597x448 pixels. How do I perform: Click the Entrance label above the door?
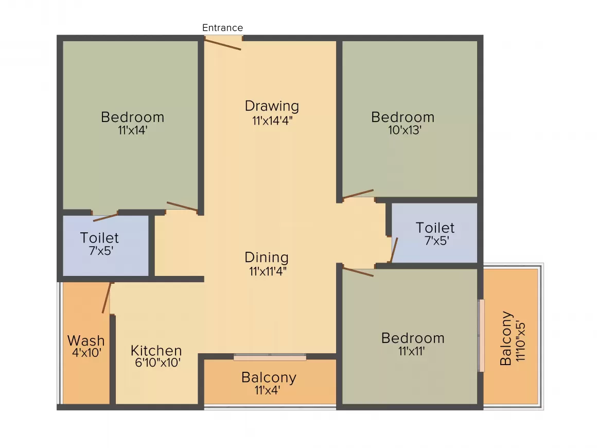pyautogui.click(x=222, y=28)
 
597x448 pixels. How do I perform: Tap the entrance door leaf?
pyautogui.click(x=223, y=44)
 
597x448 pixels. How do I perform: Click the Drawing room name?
pyautogui.click(x=272, y=106)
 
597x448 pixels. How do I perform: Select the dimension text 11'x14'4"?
pyautogui.click(x=272, y=121)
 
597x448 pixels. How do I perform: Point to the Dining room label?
pyautogui.click(x=267, y=257)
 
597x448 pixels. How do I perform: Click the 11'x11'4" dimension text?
pyautogui.click(x=268, y=271)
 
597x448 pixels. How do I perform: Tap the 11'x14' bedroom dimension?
pyautogui.click(x=132, y=130)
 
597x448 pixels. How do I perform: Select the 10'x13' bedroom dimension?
pyautogui.click(x=405, y=130)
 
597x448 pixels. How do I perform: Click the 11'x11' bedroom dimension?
pyautogui.click(x=412, y=351)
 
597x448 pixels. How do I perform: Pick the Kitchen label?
pyautogui.click(x=156, y=350)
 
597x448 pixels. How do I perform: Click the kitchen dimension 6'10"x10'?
pyautogui.click(x=157, y=363)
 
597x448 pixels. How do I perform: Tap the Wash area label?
pyautogui.click(x=86, y=340)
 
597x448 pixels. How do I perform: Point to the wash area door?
pyautogui.click(x=107, y=298)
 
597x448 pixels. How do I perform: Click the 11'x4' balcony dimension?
pyautogui.click(x=267, y=390)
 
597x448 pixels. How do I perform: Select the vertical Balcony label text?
pyautogui.click(x=505, y=338)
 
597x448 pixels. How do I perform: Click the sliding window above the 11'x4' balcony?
pyautogui.click(x=270, y=357)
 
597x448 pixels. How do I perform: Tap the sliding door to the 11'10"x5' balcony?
pyautogui.click(x=481, y=336)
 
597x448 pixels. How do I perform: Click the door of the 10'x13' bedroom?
pyautogui.click(x=358, y=194)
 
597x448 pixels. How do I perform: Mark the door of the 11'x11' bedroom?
pyautogui.click(x=358, y=271)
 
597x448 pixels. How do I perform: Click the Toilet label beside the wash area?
pyautogui.click(x=99, y=238)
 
